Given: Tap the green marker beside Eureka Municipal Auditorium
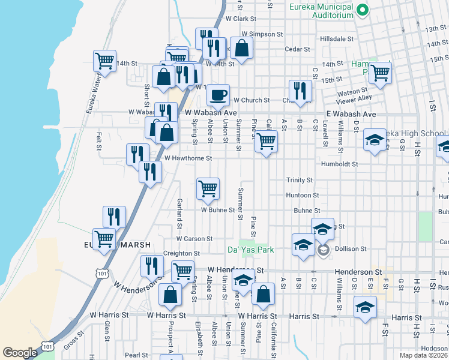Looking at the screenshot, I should coord(363,10).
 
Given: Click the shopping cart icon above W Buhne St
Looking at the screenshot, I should coord(208,188).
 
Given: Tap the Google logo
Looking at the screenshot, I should coord(20,353).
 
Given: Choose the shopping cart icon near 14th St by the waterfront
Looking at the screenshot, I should coord(104,61).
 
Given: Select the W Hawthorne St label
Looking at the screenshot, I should coord(188,158).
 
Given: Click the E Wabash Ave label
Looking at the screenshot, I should coord(351,114).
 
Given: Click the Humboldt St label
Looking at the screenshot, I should coord(339,163).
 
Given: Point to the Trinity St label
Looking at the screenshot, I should coord(300,180).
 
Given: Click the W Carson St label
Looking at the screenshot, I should coord(194,239).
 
